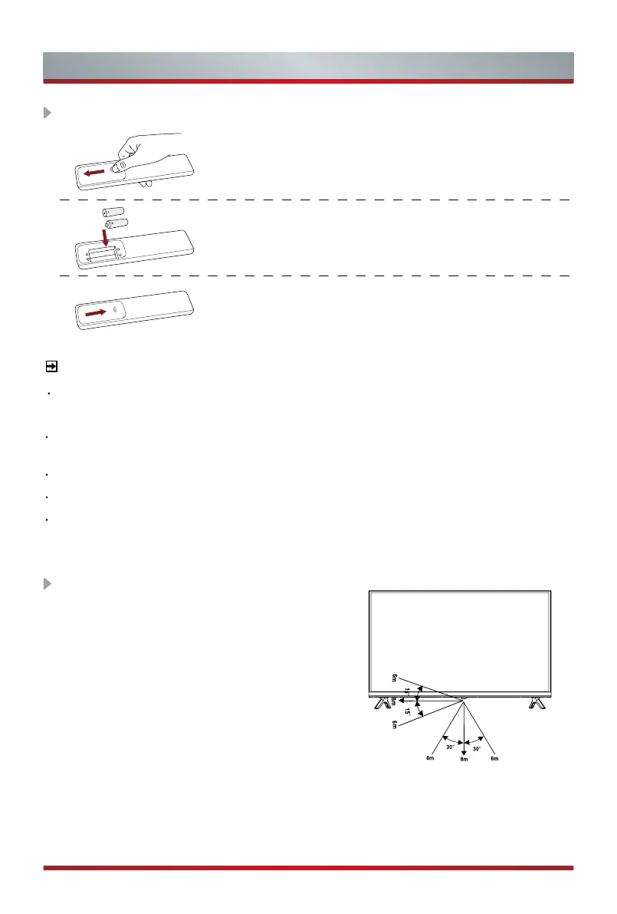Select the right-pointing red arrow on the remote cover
tap(97, 312)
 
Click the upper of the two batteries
tap(113, 210)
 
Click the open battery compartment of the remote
tap(104, 252)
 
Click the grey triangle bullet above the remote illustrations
tap(47, 113)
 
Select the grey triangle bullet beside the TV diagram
tap(47, 584)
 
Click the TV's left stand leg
tap(381, 703)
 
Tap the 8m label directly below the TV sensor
tap(463, 761)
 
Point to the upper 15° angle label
tap(409, 692)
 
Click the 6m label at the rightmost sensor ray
tap(496, 759)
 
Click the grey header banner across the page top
tap(308, 67)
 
